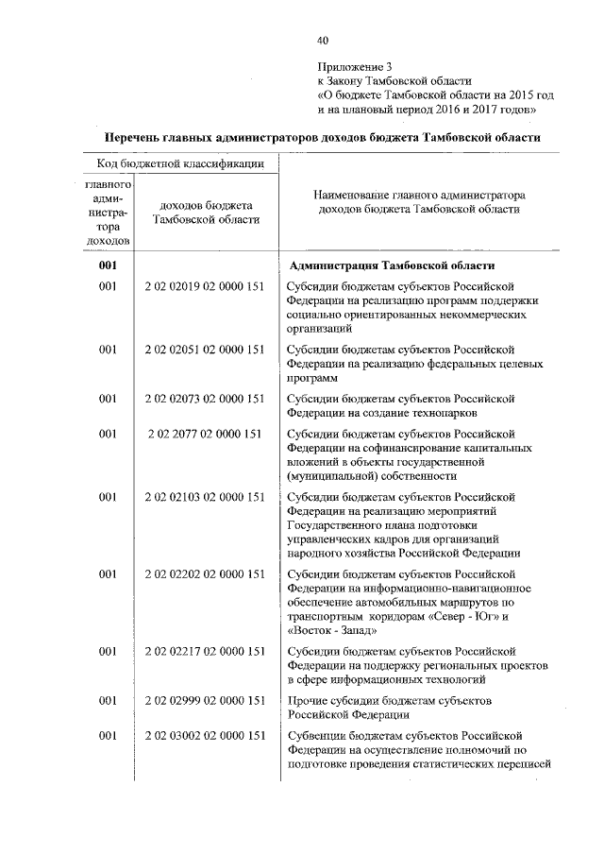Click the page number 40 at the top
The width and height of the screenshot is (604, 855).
(x=324, y=40)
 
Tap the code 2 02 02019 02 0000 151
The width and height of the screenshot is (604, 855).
(x=204, y=284)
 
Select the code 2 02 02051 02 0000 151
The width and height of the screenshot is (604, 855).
(x=204, y=350)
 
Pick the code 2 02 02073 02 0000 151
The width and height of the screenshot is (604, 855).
(x=204, y=399)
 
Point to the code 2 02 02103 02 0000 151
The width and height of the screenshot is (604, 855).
(x=204, y=497)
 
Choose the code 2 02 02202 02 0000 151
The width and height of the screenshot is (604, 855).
(x=204, y=573)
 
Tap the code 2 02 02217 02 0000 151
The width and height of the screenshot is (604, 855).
(x=204, y=651)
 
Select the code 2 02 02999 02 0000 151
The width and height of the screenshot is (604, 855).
(x=204, y=700)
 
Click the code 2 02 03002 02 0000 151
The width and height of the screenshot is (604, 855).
(x=204, y=736)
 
